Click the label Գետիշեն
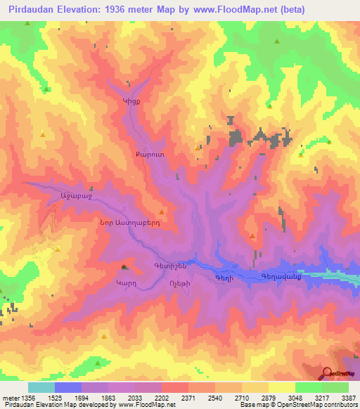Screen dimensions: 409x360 (x=169, y=266)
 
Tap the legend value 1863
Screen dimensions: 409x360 (x=108, y=398)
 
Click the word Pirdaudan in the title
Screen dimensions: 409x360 (x=30, y=9)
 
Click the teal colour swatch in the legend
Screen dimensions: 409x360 (x=41, y=387)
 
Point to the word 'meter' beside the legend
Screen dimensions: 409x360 (x=10, y=398)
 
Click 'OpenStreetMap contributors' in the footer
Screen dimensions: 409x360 (x=315, y=405)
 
